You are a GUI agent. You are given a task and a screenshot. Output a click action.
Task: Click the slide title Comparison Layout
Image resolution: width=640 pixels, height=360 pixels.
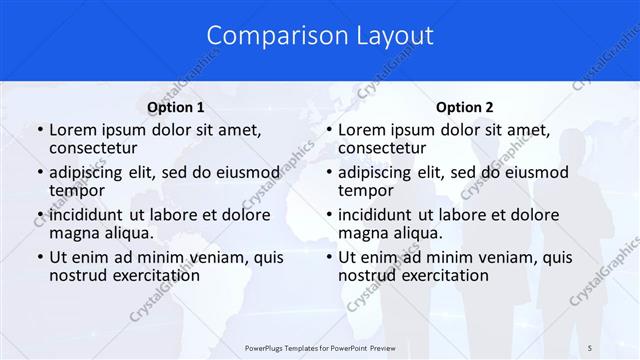click(320, 36)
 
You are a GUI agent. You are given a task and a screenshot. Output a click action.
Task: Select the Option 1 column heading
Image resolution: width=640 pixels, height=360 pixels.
click(176, 107)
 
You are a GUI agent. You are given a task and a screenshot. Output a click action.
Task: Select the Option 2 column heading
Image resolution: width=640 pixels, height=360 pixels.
click(465, 107)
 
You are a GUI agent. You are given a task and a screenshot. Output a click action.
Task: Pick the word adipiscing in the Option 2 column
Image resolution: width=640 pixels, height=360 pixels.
click(378, 171)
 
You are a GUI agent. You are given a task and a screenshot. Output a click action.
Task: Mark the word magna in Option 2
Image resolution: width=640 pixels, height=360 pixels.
click(362, 233)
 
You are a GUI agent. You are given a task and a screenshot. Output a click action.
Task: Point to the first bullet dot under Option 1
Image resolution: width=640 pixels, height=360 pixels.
click(39, 130)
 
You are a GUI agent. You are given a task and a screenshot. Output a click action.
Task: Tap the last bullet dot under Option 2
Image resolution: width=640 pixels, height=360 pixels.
click(328, 257)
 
